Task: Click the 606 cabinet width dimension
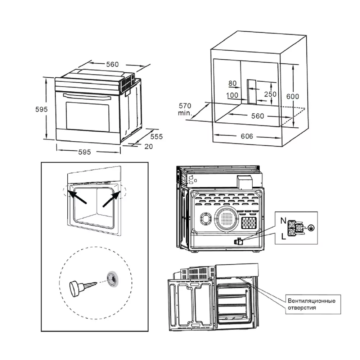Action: tap(247, 136)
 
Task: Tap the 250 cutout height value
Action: tap(270, 94)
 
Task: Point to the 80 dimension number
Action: tap(233, 83)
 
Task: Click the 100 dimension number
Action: tap(232, 95)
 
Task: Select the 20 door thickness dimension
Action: tap(149, 146)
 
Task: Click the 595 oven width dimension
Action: tap(84, 152)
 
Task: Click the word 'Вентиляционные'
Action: tap(311, 301)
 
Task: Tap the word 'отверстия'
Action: tap(302, 308)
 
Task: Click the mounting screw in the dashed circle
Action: tap(82, 287)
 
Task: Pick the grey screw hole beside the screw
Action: tap(112, 279)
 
